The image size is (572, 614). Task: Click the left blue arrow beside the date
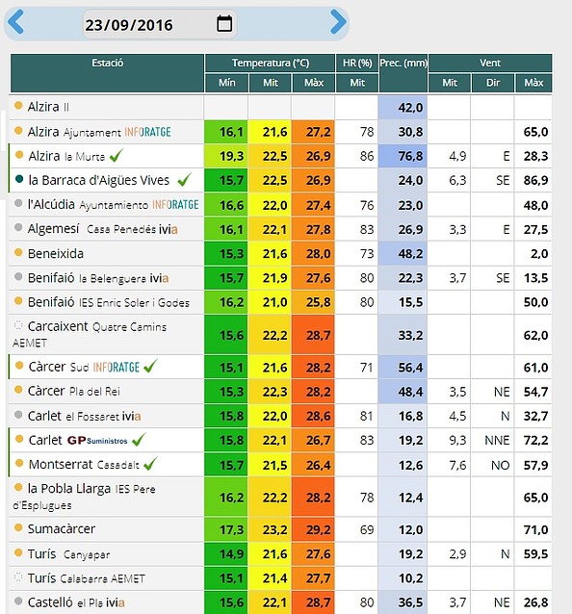point(15,22)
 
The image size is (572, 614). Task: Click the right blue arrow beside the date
point(339,22)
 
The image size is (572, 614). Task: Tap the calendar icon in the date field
point(224,23)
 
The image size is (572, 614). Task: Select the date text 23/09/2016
point(129,25)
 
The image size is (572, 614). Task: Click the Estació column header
point(107,63)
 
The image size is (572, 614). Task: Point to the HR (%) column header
point(357,63)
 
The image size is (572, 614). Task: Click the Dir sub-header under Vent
point(493,83)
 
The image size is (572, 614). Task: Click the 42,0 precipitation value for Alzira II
point(410,107)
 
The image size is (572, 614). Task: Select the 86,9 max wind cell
point(535,180)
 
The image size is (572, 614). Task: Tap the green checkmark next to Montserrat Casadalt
point(150,463)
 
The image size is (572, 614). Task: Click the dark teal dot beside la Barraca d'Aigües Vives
point(19,179)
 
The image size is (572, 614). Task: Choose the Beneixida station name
point(56,254)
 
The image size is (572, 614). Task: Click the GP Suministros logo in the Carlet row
point(97,440)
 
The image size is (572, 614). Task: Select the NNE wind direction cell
point(497,440)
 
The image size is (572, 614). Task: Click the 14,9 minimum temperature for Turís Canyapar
point(231,553)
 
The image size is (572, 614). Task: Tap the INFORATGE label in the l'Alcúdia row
point(175,205)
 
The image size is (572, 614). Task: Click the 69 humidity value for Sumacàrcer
point(367,530)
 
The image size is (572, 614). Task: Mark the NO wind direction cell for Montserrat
point(501,465)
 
